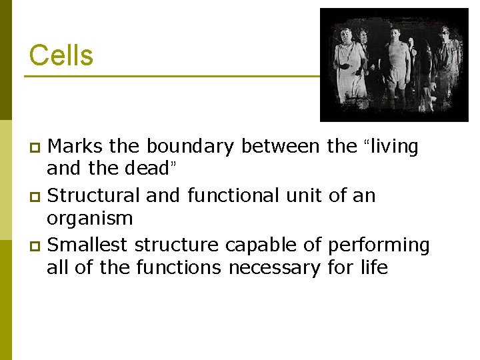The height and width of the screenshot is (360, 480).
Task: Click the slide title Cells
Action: pyautogui.click(x=61, y=55)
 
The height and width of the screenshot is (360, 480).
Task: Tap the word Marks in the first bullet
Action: pyautogui.click(x=75, y=146)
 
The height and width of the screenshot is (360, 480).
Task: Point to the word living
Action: pyautogui.click(x=393, y=146)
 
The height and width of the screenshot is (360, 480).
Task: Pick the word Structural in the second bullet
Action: pyautogui.click(x=94, y=195)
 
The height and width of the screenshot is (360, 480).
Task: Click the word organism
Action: pyautogui.click(x=89, y=219)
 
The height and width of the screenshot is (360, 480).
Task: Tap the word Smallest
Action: pyautogui.click(x=88, y=245)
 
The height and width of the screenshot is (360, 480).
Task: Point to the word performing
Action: pyautogui.click(x=379, y=245)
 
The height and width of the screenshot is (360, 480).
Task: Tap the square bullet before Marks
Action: pyautogui.click(x=37, y=147)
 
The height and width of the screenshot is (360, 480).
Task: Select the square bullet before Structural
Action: pyautogui.click(x=37, y=197)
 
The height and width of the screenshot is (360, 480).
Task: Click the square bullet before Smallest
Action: pyautogui.click(x=37, y=247)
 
